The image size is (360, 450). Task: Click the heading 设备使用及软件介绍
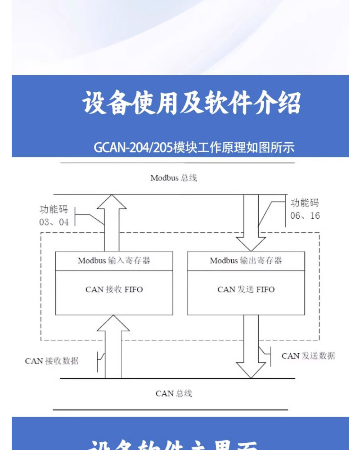191,103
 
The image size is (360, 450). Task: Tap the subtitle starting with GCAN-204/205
194,148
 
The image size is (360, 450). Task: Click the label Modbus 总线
174,178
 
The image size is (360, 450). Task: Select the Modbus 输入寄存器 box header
114,261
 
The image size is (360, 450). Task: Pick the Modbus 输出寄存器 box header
246,261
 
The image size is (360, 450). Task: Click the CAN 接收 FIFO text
114,289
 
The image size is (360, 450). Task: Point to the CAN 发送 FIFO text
246,289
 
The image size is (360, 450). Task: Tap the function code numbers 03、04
54,222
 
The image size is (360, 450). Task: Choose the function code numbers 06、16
305,216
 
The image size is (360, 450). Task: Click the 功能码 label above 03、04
54,209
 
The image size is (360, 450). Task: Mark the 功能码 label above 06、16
305,203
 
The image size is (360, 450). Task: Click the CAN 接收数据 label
52,361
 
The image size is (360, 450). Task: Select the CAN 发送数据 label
308,356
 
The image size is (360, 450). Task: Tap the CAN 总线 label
174,393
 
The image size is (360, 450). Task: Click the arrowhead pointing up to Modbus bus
112,202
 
